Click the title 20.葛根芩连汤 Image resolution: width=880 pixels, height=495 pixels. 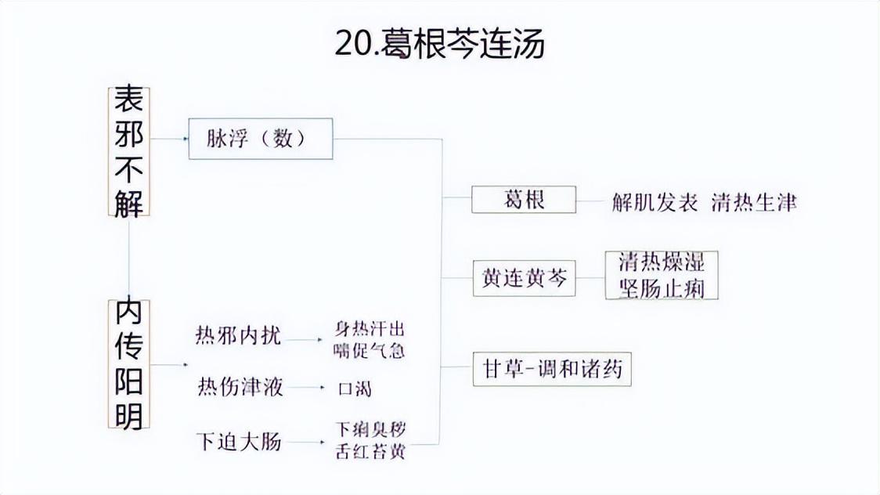point(439,44)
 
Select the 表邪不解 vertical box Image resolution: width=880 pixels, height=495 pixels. point(128,151)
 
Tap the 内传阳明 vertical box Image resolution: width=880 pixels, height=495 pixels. point(128,364)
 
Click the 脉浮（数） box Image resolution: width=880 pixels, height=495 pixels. point(261,139)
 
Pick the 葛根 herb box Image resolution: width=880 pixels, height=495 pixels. point(524,200)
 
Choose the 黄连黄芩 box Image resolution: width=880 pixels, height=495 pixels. point(524,279)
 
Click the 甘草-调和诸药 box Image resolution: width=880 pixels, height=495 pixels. point(552,368)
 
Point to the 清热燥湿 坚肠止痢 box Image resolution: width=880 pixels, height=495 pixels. point(662,275)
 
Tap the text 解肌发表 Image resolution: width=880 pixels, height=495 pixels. point(655,202)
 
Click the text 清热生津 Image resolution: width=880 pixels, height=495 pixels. point(754,202)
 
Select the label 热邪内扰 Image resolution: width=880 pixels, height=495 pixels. point(238,337)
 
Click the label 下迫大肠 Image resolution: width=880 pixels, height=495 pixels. point(238,442)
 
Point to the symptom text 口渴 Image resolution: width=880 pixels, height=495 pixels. point(354,388)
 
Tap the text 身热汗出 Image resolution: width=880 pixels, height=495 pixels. point(370,329)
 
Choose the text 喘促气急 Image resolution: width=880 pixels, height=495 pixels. point(370,349)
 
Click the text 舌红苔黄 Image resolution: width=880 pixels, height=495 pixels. point(370,452)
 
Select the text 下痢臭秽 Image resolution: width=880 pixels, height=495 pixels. point(370,430)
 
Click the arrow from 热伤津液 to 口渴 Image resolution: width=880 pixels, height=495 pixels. point(312,388)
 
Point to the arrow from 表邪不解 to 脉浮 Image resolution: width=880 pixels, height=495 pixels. point(169,139)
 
